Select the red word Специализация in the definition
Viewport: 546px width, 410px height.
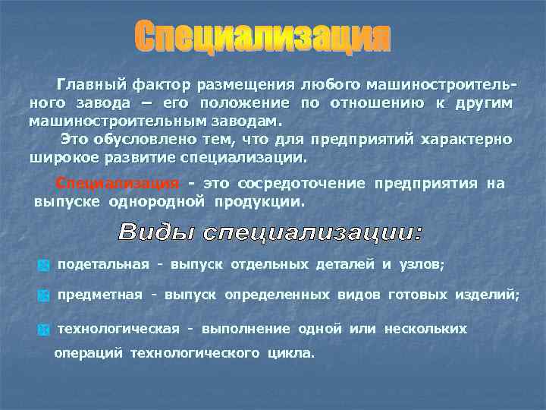pos(118,184)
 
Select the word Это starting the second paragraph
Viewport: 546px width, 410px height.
pos(77,140)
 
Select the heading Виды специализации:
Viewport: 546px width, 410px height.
pos(271,232)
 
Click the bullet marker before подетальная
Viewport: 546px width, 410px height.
pos(43,266)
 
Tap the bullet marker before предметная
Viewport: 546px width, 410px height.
pos(43,297)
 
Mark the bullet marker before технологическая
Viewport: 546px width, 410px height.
pos(43,330)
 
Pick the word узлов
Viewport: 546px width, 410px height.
pos(425,264)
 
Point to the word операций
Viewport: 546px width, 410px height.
pos(89,353)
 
